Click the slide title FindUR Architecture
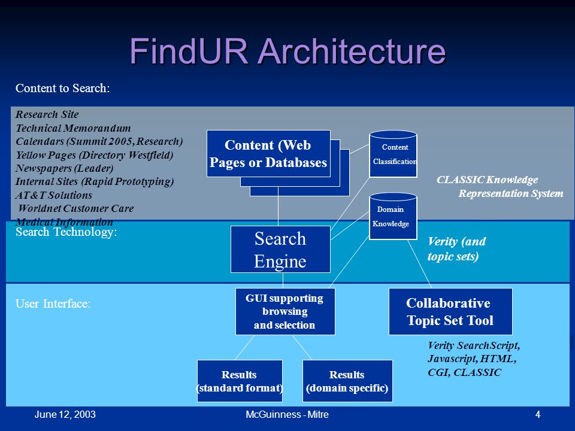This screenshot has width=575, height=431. click(287, 51)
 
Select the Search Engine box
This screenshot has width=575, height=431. click(280, 249)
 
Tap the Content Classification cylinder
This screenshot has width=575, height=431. click(393, 154)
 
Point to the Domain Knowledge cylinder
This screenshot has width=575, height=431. click(393, 216)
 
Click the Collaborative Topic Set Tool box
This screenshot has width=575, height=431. click(450, 311)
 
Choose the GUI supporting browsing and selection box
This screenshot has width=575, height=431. click(285, 311)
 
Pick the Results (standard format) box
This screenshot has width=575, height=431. click(240, 381)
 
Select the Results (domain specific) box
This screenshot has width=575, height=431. click(347, 381)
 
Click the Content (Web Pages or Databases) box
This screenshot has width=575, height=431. click(268, 154)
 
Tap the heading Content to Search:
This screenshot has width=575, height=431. click(63, 88)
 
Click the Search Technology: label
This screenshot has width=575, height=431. click(66, 232)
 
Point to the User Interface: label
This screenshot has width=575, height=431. click(53, 303)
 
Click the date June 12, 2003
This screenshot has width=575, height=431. click(65, 414)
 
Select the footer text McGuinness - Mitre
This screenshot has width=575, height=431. click(287, 414)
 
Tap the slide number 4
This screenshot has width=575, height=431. click(538, 414)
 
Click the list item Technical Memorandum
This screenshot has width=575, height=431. click(73, 128)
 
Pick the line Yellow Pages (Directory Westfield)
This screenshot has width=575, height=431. click(94, 155)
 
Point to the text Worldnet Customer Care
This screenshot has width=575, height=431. click(76, 208)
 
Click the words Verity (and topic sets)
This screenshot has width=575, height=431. click(456, 249)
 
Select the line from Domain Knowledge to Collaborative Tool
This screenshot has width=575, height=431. click(419, 264)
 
